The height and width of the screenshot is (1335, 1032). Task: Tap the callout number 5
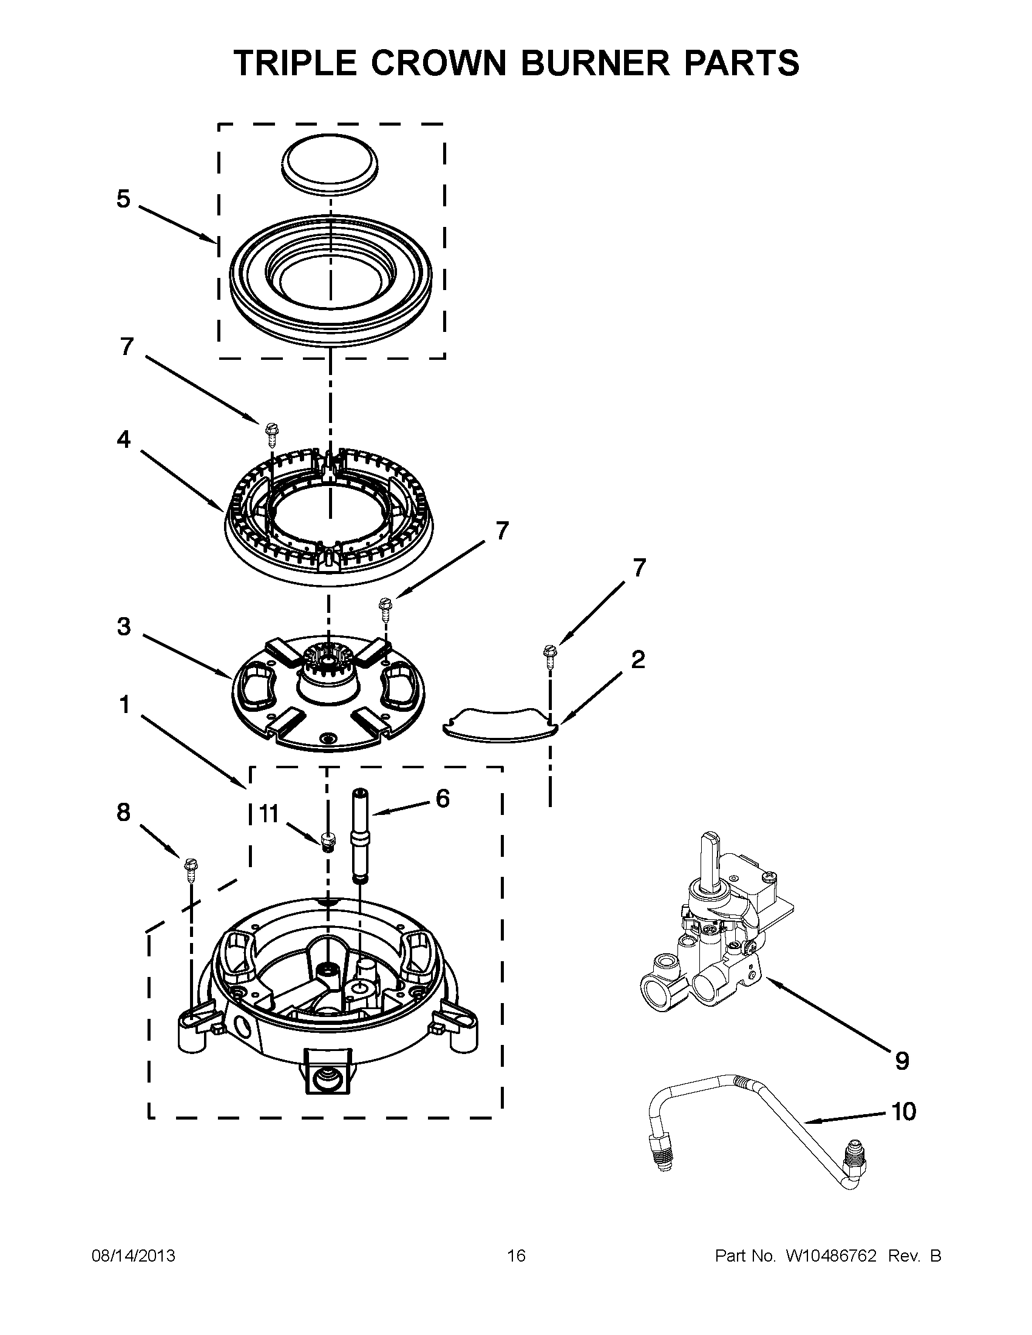tap(124, 198)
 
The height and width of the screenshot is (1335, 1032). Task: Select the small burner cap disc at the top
tap(330, 165)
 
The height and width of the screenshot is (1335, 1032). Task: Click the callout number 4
tap(124, 439)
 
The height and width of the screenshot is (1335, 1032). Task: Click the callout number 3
tap(124, 626)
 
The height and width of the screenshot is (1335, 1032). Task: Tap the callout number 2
tap(637, 659)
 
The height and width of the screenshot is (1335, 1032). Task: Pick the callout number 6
tap(442, 798)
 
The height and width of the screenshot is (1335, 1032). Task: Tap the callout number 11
tap(269, 814)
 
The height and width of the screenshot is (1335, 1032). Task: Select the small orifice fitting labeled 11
tap(329, 842)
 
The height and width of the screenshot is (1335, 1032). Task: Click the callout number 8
tap(124, 812)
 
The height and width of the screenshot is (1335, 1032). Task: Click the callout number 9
tap(902, 1061)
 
